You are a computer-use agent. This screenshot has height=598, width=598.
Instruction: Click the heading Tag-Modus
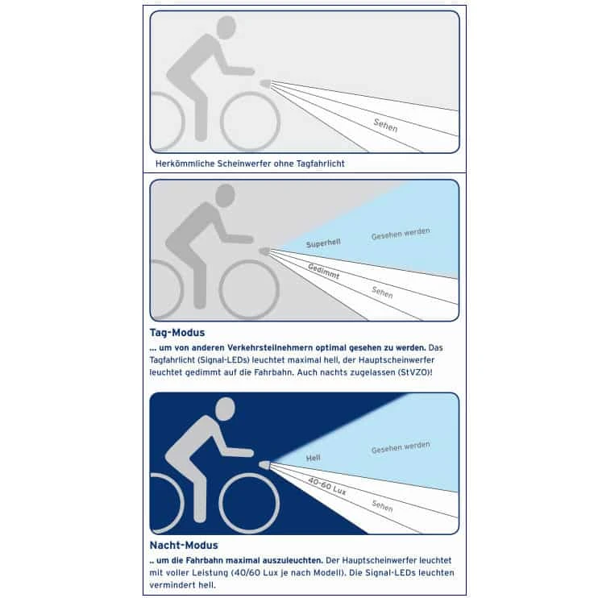pos(177,333)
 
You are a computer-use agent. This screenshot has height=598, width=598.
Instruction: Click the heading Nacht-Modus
pos(184,546)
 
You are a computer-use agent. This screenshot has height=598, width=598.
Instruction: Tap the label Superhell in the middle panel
pos(323,243)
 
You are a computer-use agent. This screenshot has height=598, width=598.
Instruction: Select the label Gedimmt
pos(324,271)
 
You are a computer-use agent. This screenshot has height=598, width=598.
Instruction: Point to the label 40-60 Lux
pos(327,486)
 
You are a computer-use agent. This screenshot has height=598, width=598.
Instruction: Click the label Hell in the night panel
pos(314,458)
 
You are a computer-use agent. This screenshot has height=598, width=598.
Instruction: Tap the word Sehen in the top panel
pos(385,126)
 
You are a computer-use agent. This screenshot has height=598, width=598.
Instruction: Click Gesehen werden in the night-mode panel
pos(401,447)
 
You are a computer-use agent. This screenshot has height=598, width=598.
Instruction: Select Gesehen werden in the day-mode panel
pos(401,234)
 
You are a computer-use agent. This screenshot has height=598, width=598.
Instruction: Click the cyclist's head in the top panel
pos(226,27)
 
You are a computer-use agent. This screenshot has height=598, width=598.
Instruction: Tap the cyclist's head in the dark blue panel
pos(226,409)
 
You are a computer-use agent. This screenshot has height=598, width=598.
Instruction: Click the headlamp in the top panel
pos(265,83)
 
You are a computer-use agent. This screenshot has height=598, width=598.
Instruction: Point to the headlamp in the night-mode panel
pos(264,465)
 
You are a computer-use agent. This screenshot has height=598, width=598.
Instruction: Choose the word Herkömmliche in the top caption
pos(185,164)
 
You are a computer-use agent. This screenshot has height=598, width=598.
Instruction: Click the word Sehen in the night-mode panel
pos(382,505)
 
